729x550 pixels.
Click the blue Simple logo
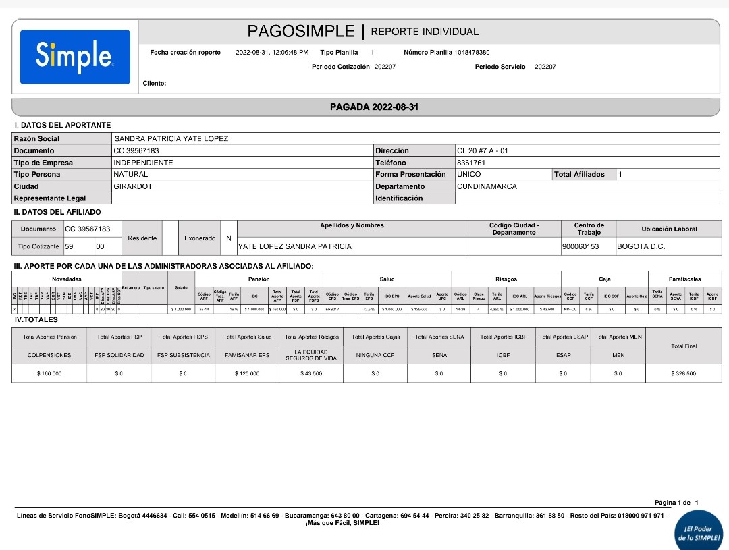75,57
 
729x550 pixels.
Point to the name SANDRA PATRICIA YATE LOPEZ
171,139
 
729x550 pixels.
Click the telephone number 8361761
470,163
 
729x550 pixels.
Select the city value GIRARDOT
133,186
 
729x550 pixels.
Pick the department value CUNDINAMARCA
487,186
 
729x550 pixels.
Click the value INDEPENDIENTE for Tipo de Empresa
143,163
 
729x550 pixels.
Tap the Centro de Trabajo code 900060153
580,246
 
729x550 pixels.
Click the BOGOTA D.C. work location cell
641,246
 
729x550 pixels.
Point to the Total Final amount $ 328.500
683,373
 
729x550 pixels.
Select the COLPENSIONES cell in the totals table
49,355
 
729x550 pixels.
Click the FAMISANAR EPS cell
247,355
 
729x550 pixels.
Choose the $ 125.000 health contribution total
247,373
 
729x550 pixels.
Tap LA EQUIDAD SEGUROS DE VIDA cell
311,355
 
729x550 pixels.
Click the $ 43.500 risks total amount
311,373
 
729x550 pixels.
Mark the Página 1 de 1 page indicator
676,502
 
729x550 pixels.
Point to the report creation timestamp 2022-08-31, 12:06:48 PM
272,52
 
